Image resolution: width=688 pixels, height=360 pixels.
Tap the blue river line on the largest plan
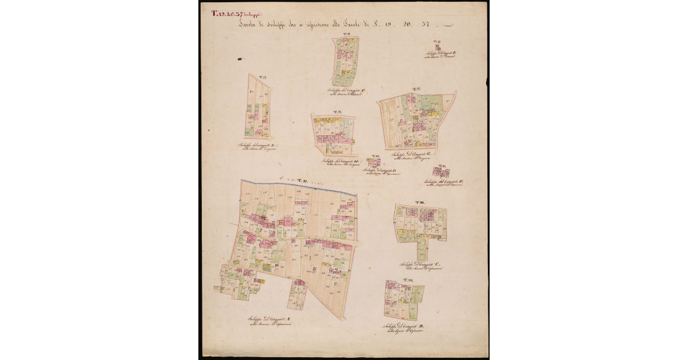point(298,186)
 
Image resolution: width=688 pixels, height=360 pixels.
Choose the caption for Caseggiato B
point(405,329)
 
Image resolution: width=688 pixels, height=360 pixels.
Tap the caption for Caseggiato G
point(412,156)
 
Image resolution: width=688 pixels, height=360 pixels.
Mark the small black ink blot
point(240,58)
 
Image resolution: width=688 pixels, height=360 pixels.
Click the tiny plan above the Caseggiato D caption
point(374,163)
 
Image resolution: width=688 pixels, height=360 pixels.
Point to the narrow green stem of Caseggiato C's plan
point(422,249)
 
